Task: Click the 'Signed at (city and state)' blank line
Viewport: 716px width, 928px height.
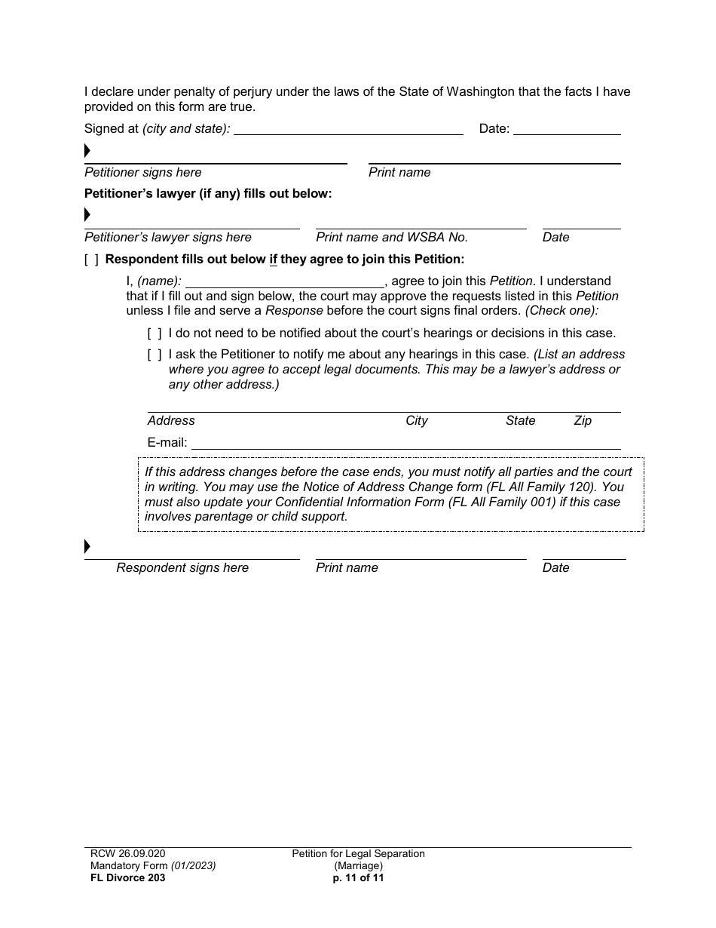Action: pos(348,130)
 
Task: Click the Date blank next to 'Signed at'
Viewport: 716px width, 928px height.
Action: pos(567,130)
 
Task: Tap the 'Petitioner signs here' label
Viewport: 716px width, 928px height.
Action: pos(143,173)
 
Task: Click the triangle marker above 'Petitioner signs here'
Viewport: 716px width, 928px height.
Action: pos(87,151)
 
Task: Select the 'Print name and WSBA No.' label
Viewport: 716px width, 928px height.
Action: pos(392,238)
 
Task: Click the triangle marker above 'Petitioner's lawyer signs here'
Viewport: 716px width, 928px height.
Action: pos(87,216)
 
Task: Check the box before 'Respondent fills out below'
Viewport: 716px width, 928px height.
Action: pos(91,260)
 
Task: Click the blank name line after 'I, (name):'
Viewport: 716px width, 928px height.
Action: pos(285,282)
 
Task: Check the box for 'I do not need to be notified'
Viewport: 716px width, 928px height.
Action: pos(155,333)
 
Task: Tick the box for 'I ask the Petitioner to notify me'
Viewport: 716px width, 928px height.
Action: pos(155,355)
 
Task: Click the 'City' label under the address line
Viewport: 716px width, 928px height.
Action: pos(417,421)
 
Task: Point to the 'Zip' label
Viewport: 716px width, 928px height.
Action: pos(583,421)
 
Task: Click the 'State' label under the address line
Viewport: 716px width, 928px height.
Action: pos(521,421)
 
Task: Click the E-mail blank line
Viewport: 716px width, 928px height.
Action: pos(407,444)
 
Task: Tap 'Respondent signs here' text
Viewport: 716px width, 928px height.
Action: pos(182,568)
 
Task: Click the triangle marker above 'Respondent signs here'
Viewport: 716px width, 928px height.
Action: pos(87,546)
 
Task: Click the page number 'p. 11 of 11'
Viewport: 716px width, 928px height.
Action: pos(359,878)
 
